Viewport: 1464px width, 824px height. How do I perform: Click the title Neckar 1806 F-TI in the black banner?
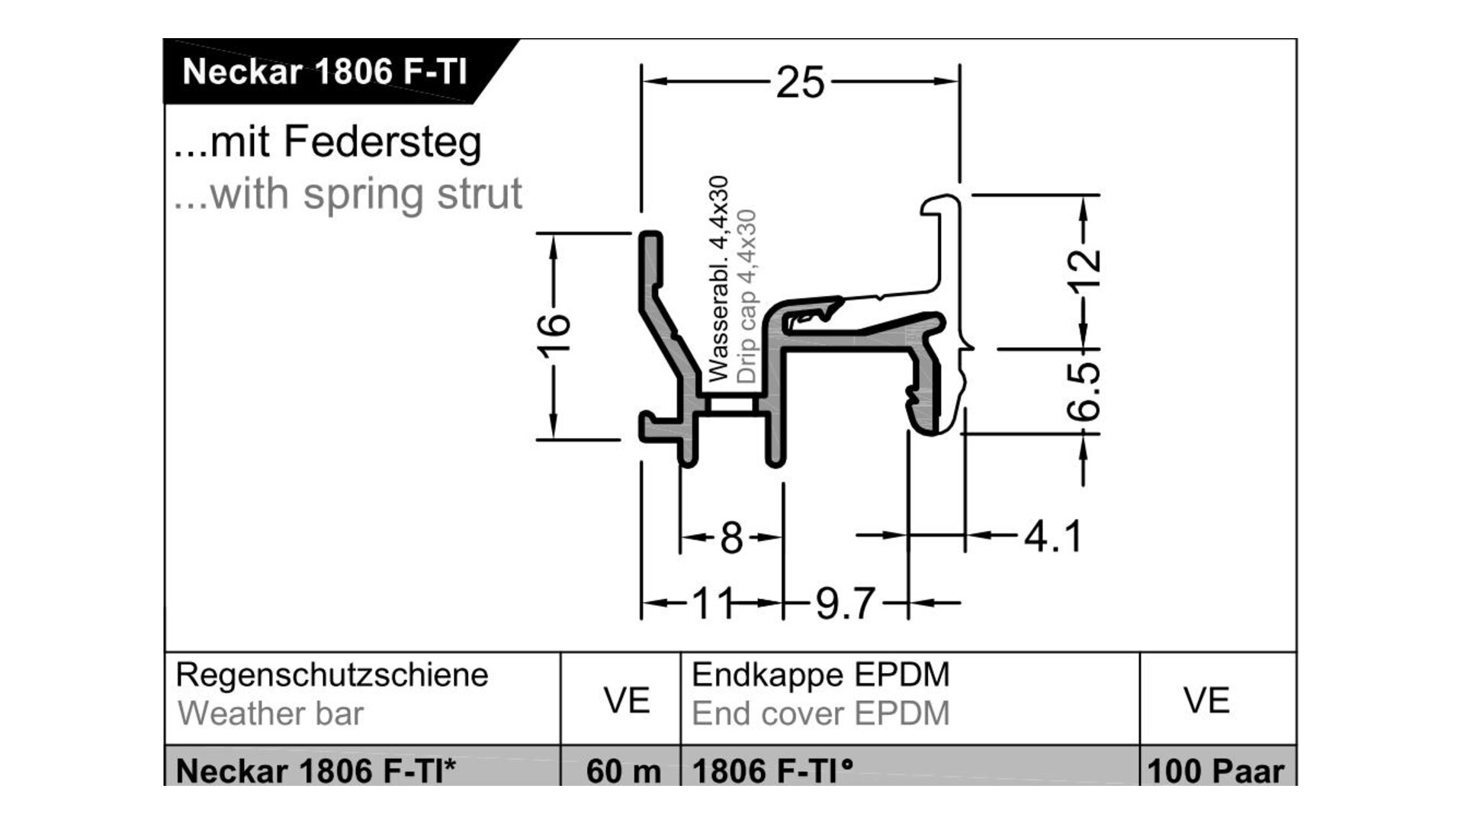click(x=324, y=72)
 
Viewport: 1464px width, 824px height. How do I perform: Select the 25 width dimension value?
click(x=800, y=82)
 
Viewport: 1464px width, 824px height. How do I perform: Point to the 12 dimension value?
click(x=1084, y=272)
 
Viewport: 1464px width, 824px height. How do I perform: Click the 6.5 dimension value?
click(x=1084, y=391)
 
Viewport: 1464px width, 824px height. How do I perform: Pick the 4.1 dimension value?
click(x=1052, y=536)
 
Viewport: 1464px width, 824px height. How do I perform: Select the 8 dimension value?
click(x=731, y=538)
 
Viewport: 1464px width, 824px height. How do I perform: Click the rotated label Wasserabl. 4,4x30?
click(x=718, y=279)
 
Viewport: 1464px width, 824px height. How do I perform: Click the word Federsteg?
click(x=382, y=143)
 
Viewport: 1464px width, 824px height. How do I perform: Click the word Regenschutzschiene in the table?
click(x=332, y=675)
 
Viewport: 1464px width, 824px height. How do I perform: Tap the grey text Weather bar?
click(x=271, y=714)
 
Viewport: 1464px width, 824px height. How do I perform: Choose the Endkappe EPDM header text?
click(x=820, y=675)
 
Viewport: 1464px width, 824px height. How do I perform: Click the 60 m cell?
click(x=623, y=771)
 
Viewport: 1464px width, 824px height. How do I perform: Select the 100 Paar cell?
click(x=1215, y=771)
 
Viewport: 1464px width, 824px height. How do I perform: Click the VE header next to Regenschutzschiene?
click(x=626, y=700)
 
